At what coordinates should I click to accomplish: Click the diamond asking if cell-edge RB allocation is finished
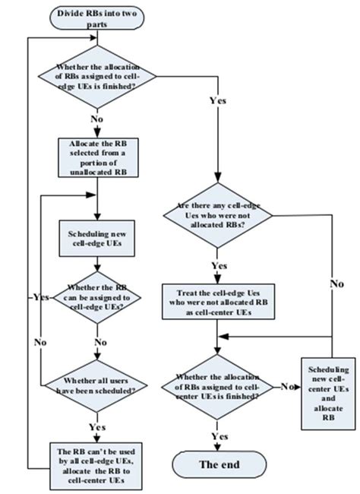click(x=97, y=76)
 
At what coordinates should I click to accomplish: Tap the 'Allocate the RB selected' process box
click(x=97, y=158)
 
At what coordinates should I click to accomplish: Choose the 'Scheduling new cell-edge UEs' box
click(x=96, y=237)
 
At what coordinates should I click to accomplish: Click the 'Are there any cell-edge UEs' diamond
click(x=219, y=215)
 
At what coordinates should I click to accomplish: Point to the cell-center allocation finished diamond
click(x=219, y=386)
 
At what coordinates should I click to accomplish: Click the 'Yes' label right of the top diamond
click(x=217, y=99)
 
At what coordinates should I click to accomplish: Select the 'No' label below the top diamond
click(x=97, y=119)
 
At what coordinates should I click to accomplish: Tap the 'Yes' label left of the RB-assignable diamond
click(x=38, y=296)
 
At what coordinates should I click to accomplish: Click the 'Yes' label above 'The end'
click(x=219, y=436)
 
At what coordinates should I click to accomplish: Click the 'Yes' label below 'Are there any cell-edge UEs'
click(x=219, y=265)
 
